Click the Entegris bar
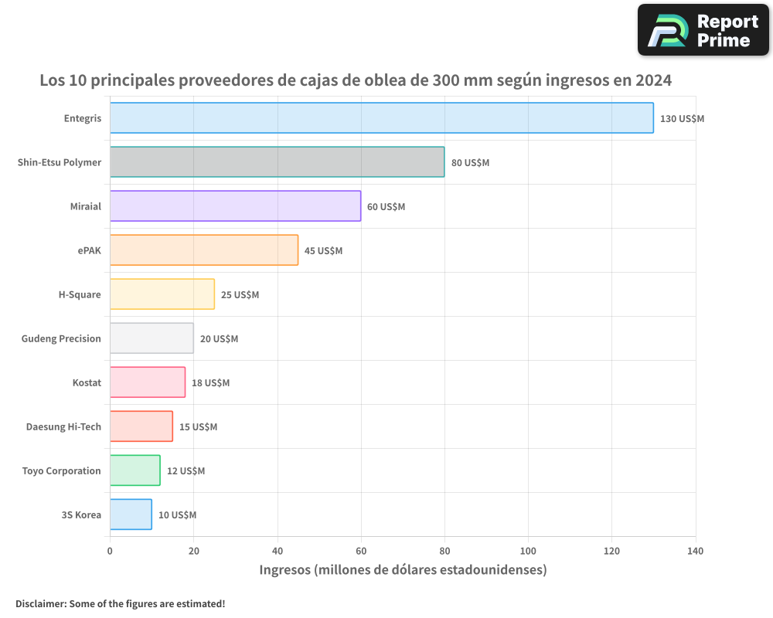(x=381, y=118)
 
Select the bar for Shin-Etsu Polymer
(x=277, y=162)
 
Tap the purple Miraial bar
(x=235, y=206)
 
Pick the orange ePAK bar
(x=203, y=250)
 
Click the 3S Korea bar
(x=131, y=514)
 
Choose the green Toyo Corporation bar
(x=135, y=470)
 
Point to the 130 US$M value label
(x=682, y=119)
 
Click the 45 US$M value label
(x=323, y=251)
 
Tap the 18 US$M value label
(x=210, y=383)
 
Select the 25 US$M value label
(x=240, y=295)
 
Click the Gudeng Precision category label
(x=61, y=338)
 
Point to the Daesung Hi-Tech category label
(x=63, y=426)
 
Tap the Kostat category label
(x=87, y=382)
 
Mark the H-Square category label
(x=80, y=294)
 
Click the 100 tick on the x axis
(x=528, y=552)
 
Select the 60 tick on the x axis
(x=361, y=552)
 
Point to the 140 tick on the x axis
(x=695, y=552)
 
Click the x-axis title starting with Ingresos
(x=403, y=570)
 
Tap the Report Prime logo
(x=703, y=30)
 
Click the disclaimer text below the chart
(x=120, y=604)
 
